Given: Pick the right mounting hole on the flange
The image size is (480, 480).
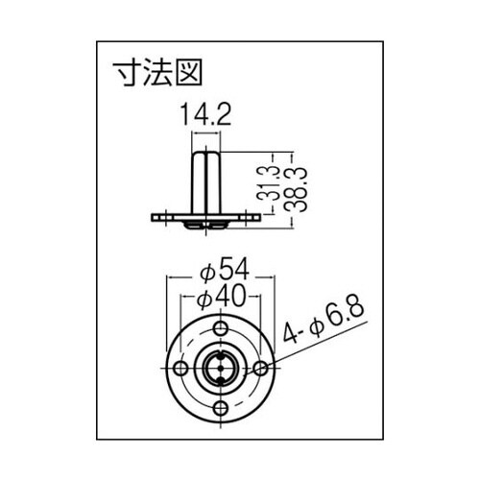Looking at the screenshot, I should [x=260, y=369].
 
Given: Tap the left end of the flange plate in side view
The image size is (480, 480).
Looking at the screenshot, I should [x=155, y=217].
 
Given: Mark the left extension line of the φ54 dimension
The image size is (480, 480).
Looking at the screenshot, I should [x=168, y=307].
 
